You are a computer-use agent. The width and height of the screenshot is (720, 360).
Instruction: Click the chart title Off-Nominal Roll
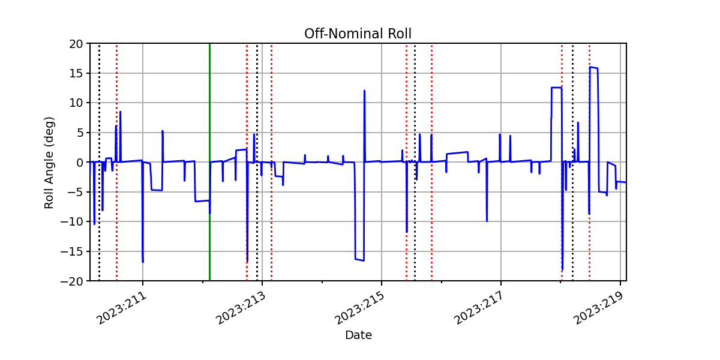[x=358, y=34]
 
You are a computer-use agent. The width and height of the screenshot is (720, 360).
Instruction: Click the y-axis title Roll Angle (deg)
[x=49, y=163]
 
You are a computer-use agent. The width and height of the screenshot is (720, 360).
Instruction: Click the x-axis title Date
[x=358, y=335]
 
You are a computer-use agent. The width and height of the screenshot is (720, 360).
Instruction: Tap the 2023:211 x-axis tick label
[x=121, y=308]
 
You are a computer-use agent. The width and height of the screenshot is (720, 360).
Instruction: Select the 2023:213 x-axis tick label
[x=241, y=308]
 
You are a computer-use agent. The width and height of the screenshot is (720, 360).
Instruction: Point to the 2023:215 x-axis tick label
[x=360, y=308]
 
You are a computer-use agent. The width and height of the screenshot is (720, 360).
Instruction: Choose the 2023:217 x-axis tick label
[x=479, y=308]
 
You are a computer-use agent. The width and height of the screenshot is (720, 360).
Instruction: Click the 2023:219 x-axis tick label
[x=599, y=308]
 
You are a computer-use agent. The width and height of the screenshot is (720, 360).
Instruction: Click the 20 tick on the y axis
[x=76, y=44]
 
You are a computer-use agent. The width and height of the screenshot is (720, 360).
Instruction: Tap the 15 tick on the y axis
[x=76, y=73]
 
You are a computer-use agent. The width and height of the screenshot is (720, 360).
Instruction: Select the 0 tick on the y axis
[x=80, y=163]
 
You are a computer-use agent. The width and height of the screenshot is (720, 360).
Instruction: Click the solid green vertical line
[x=209, y=162]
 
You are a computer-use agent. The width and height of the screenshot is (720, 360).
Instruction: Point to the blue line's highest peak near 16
[x=590, y=67]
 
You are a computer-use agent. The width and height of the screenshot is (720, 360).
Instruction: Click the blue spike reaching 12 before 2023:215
[x=364, y=91]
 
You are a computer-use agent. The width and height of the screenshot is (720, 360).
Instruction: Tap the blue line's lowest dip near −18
[x=563, y=269]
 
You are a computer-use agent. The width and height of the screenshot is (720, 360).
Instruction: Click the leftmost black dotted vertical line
[x=99, y=162]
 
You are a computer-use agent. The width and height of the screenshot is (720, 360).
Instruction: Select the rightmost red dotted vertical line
[x=589, y=162]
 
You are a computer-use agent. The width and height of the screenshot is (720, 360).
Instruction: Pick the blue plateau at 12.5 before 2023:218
[x=556, y=88]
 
